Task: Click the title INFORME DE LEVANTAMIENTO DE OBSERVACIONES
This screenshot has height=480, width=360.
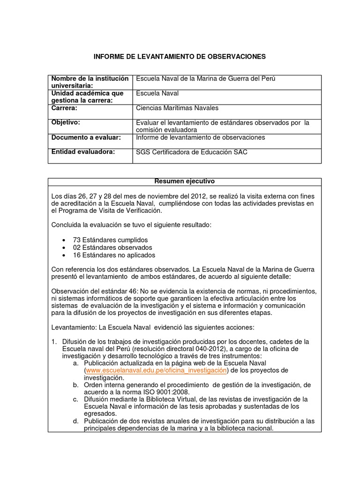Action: (x=180, y=57)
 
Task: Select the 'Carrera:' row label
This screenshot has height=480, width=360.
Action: (x=64, y=108)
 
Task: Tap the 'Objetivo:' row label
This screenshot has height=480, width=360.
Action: (x=66, y=123)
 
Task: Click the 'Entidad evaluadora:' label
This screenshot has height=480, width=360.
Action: (x=82, y=152)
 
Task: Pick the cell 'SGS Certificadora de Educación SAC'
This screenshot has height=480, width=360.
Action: (x=191, y=152)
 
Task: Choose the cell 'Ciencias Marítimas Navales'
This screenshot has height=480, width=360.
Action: (x=177, y=108)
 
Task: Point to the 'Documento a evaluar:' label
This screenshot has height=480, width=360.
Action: (x=86, y=138)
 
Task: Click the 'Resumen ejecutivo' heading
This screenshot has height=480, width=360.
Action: (x=185, y=181)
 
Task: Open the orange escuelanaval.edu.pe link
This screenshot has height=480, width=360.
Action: (x=156, y=371)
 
